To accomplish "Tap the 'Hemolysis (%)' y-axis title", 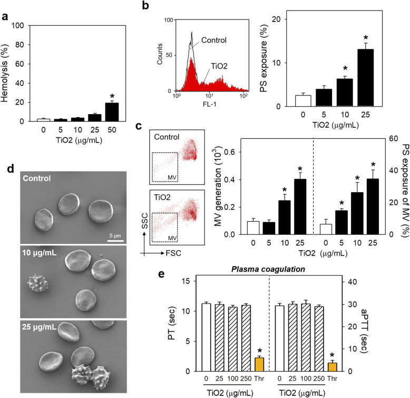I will tap(7, 73).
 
